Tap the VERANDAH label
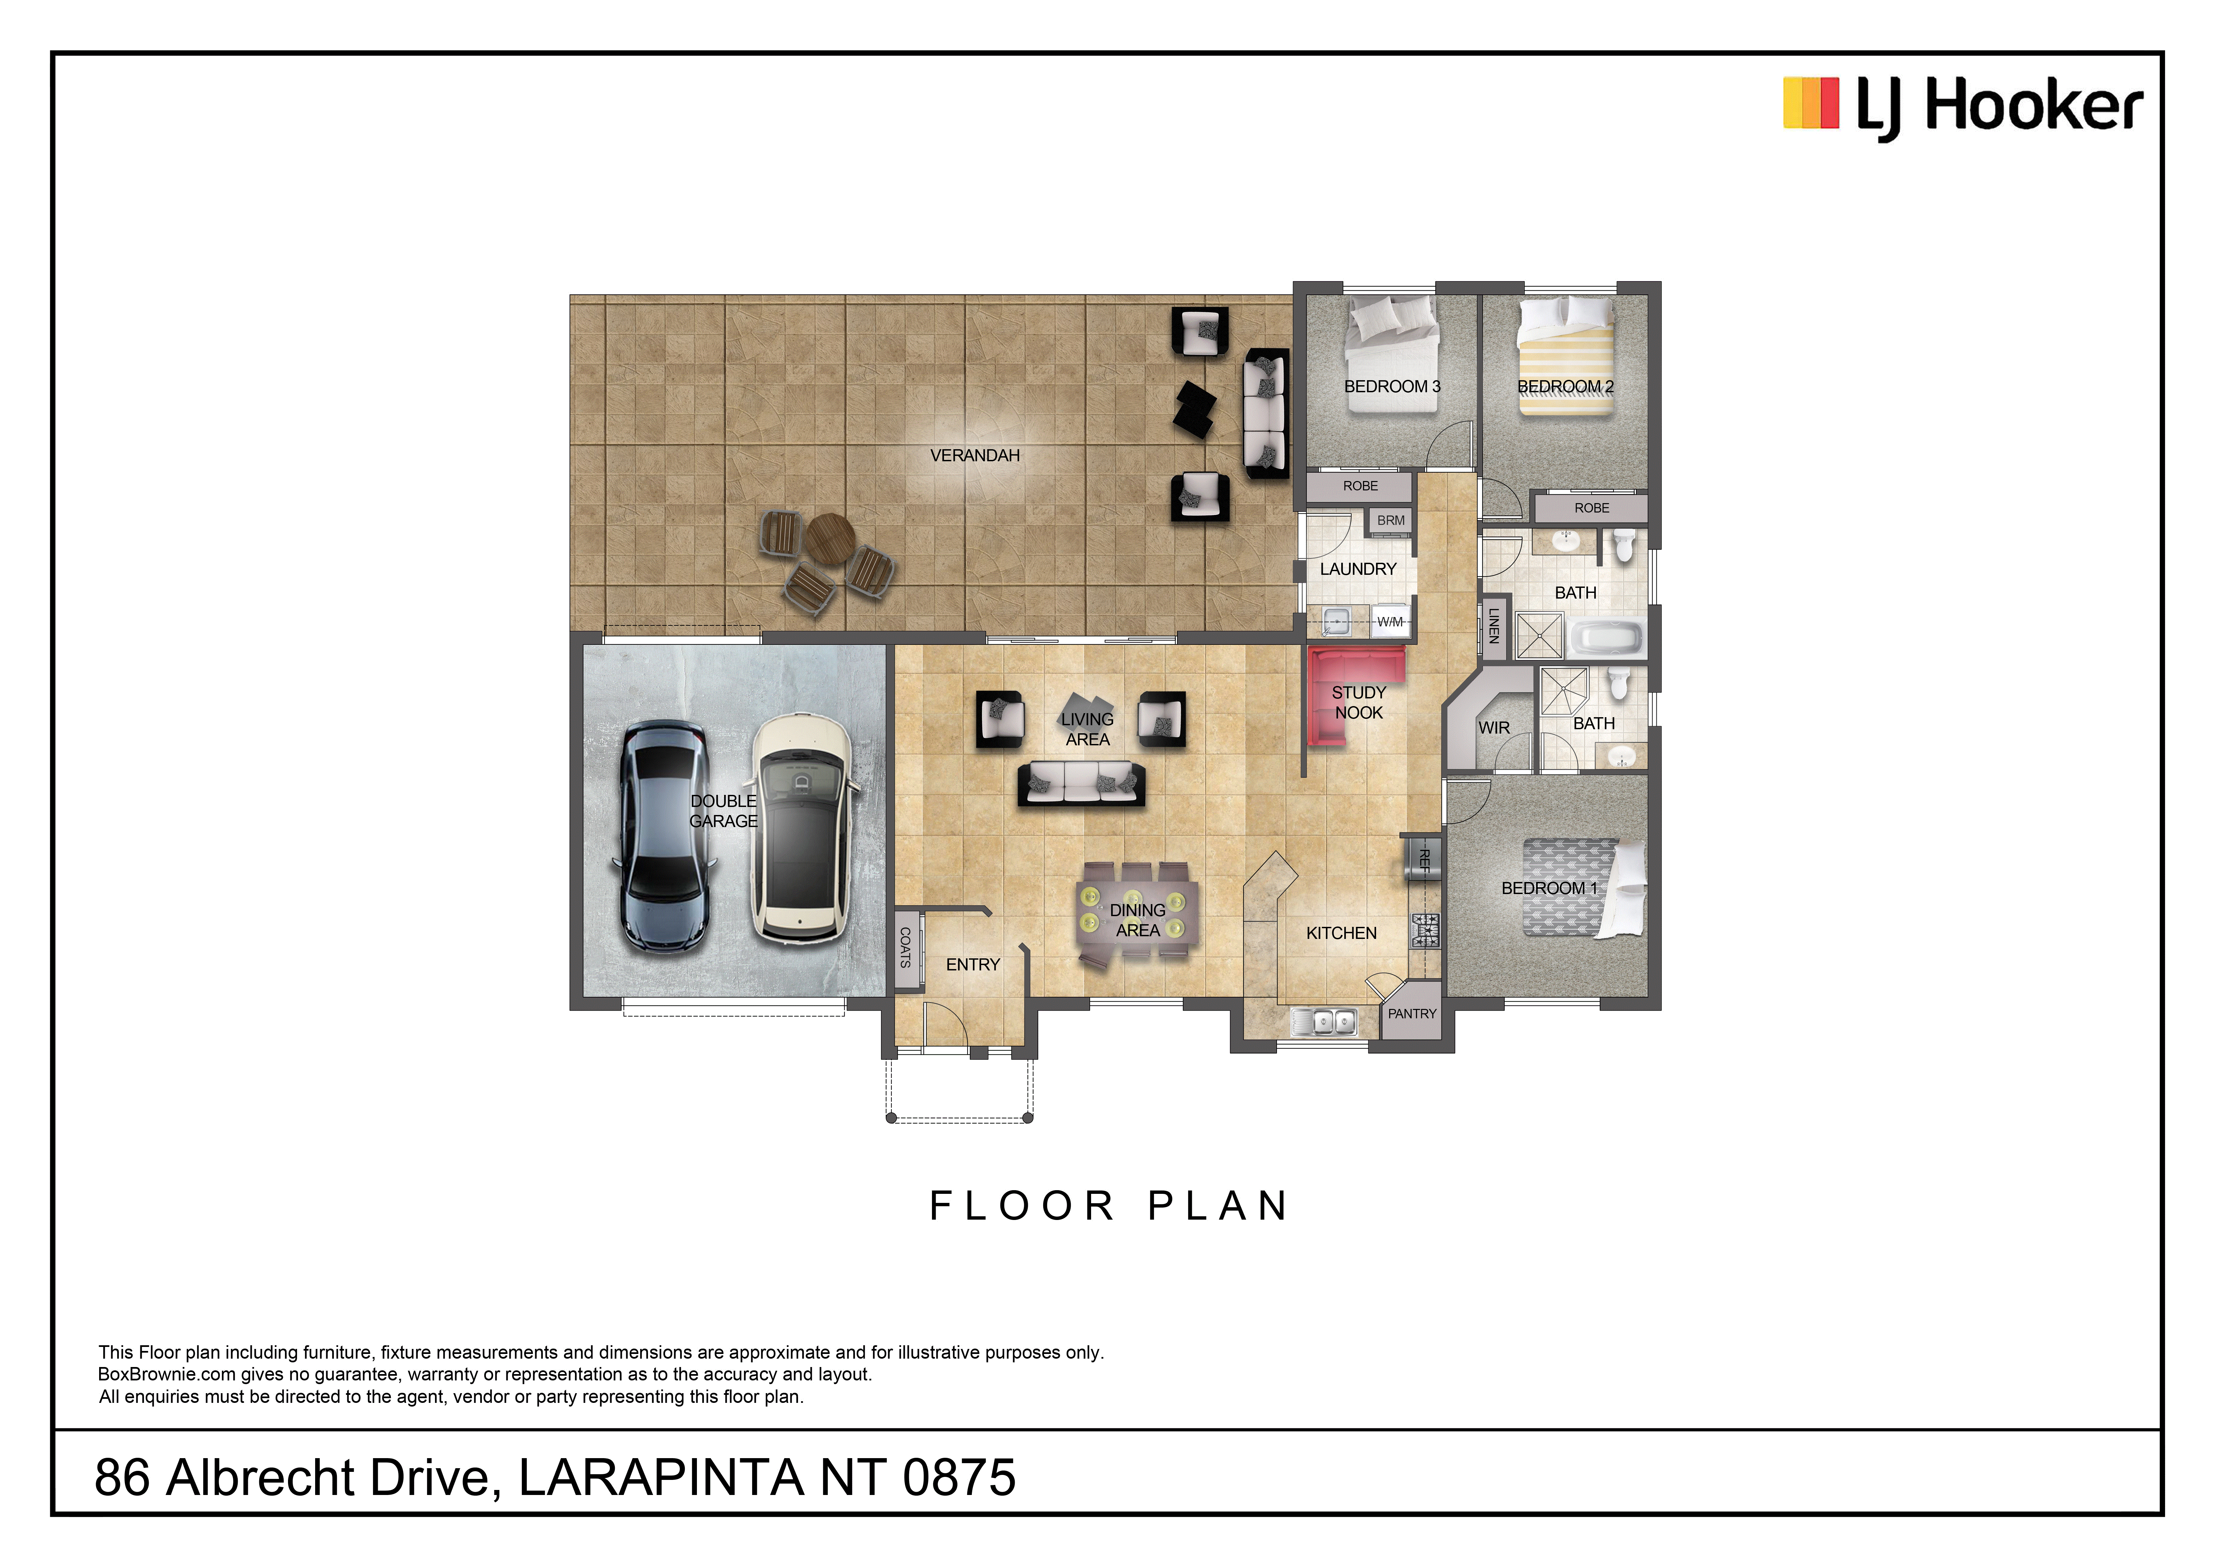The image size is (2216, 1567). click(975, 456)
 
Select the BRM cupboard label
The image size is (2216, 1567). click(1391, 521)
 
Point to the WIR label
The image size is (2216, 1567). click(1494, 728)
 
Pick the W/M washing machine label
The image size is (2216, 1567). click(1390, 622)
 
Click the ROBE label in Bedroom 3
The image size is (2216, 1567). click(1361, 486)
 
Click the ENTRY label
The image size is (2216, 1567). click(973, 964)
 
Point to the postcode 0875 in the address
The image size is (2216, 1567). click(959, 1477)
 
